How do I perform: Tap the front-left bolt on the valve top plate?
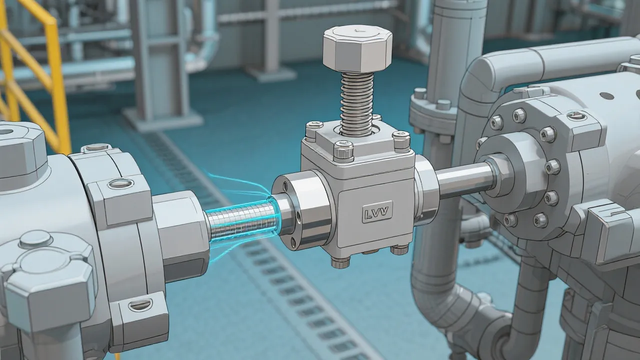click(343, 148)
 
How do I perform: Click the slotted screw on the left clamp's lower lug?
click(141, 304)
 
